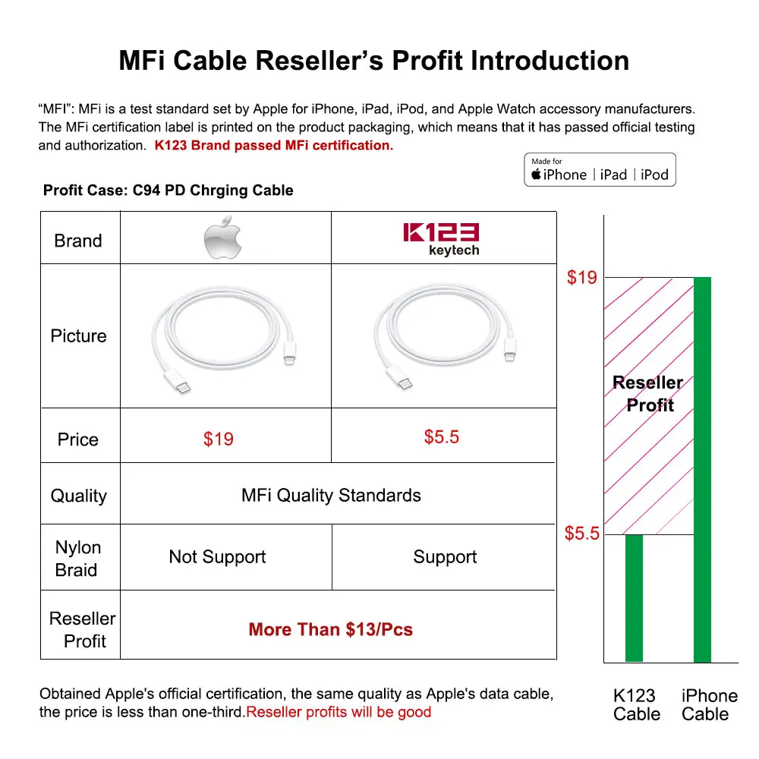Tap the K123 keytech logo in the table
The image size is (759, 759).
click(x=441, y=239)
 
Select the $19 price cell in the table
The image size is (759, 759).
click(x=219, y=439)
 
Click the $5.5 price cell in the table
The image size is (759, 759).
click(x=442, y=437)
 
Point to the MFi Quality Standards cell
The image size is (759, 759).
click(x=331, y=496)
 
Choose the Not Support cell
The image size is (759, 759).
click(x=217, y=557)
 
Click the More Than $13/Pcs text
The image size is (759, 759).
click(x=331, y=629)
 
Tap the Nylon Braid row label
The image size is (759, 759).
click(x=77, y=559)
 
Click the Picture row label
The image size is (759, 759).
click(x=78, y=336)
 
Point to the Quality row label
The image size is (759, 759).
click(x=78, y=496)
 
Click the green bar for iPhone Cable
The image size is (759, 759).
click(x=702, y=471)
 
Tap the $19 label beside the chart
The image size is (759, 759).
click(x=582, y=278)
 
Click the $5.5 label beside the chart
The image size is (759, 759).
click(x=582, y=534)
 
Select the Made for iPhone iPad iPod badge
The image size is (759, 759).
click(x=600, y=170)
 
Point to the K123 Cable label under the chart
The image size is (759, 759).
click(x=636, y=705)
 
